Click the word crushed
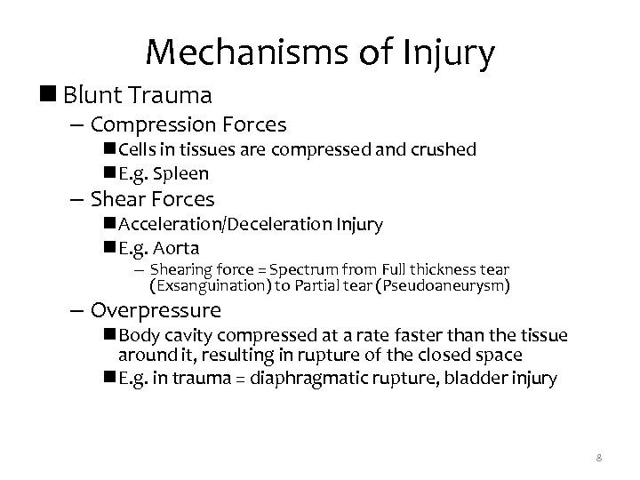[444, 149]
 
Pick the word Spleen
[183, 174]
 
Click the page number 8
[599, 458]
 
